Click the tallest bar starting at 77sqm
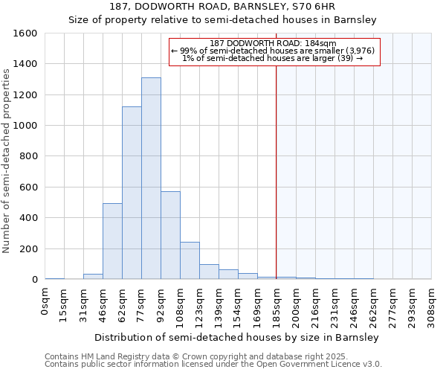(151, 179)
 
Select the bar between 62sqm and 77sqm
(132, 193)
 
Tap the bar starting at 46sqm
(112, 241)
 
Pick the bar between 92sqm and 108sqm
(170, 235)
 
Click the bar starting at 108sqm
(190, 260)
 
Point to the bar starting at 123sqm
(209, 272)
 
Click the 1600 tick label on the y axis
(25, 33)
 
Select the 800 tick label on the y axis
(28, 156)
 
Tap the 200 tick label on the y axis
(28, 248)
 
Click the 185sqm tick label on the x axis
(277, 303)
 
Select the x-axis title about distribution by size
(237, 337)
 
